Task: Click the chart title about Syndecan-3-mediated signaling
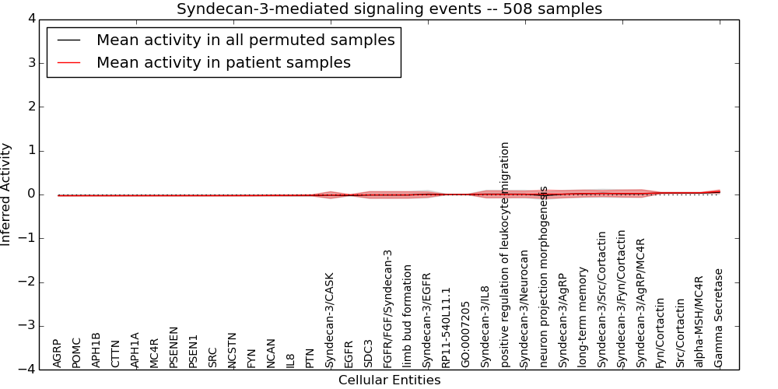[x=389, y=9]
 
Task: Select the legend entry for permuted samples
[x=245, y=40]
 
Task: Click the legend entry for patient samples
[x=223, y=63]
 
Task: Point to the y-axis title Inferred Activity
[x=6, y=194]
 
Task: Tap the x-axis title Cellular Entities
[x=389, y=380]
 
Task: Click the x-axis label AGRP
[x=58, y=352]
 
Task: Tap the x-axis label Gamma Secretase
[x=719, y=318]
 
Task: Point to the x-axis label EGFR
[x=349, y=353]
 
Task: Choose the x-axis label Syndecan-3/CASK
[x=330, y=320]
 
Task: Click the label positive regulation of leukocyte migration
[x=505, y=254]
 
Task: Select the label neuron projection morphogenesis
[x=544, y=276]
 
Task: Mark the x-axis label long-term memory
[x=583, y=317]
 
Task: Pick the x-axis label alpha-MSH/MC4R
[x=699, y=321]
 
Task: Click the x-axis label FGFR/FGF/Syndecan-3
[x=388, y=308]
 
